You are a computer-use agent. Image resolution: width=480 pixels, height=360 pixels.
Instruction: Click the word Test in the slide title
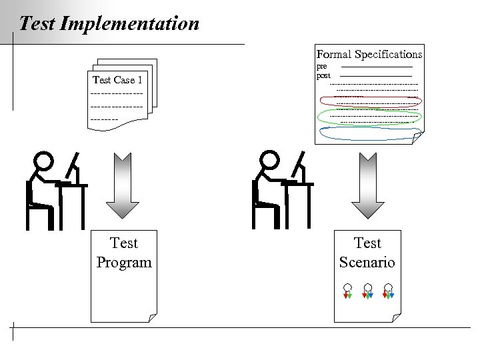click(37, 24)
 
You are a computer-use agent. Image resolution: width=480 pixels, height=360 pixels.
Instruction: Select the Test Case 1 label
click(117, 80)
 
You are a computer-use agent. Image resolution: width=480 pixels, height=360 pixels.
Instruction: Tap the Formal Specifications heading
click(369, 54)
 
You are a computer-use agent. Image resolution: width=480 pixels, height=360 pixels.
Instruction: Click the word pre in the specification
click(321, 67)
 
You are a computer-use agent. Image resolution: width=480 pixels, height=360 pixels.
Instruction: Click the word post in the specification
click(323, 75)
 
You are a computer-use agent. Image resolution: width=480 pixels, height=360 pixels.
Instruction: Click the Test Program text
click(124, 253)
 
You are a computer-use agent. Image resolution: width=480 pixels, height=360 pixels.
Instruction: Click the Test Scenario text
click(367, 253)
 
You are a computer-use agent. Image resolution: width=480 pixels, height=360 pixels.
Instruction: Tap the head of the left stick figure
click(44, 161)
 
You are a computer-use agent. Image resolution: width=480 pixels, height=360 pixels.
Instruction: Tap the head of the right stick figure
click(269, 161)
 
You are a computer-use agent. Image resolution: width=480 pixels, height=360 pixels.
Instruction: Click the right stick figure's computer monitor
click(299, 166)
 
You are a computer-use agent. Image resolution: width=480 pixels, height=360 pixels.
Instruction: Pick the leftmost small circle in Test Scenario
click(347, 288)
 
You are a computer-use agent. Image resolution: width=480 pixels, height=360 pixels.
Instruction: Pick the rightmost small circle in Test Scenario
click(388, 288)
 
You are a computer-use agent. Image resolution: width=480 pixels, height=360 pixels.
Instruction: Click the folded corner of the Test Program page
click(153, 317)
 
